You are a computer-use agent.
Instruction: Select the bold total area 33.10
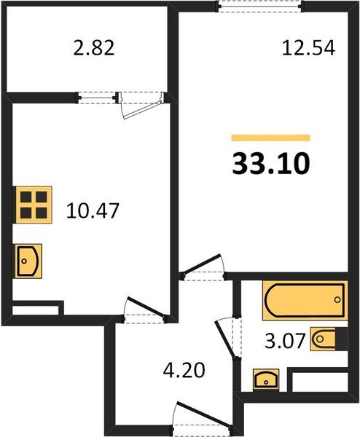click(270, 163)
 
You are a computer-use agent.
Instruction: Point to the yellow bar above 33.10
click(270, 138)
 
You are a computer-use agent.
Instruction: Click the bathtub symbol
click(302, 302)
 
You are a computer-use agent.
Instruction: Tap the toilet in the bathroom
click(324, 339)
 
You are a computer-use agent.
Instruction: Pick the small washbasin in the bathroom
click(267, 379)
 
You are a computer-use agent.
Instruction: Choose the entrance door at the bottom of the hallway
click(194, 421)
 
